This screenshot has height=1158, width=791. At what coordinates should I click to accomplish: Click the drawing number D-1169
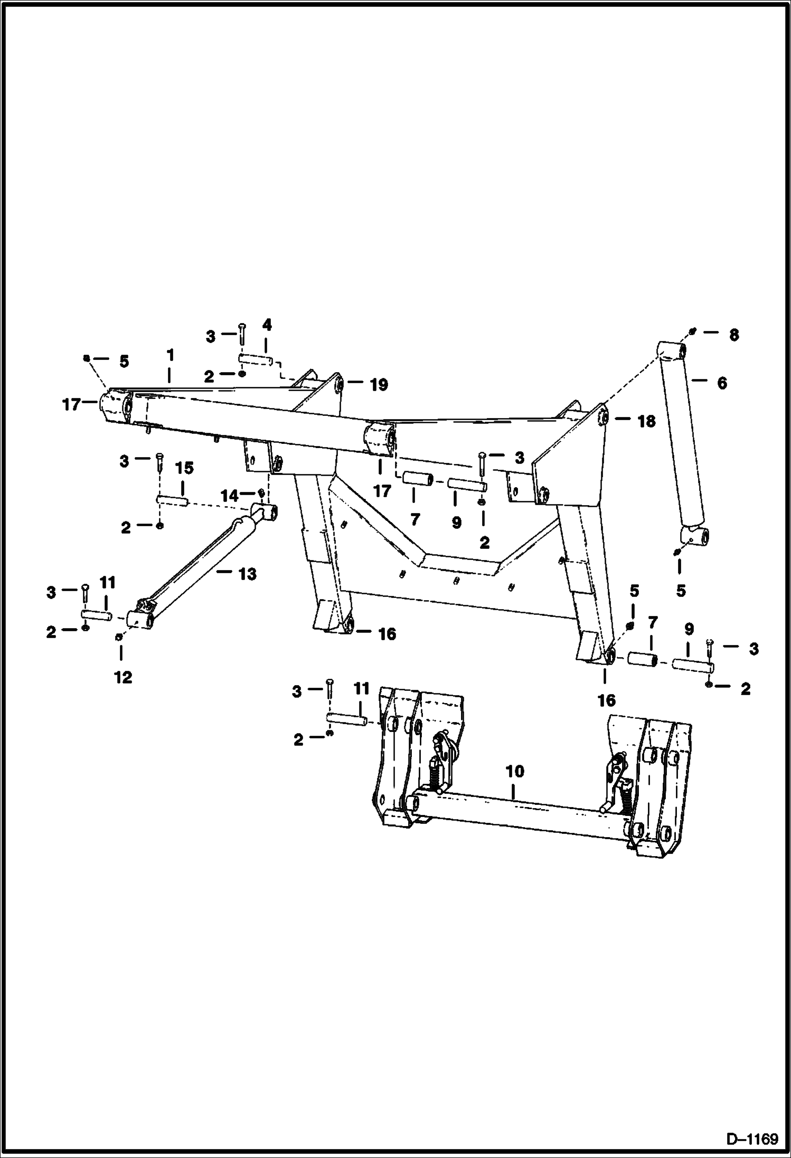pos(752,1138)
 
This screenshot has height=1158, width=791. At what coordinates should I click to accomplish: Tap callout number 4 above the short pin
pos(267,325)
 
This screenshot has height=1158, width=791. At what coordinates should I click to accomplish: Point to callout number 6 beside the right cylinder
pos(722,383)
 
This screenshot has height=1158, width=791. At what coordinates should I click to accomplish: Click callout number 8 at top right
pos(733,335)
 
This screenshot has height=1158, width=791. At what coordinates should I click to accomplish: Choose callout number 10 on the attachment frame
pos(515,772)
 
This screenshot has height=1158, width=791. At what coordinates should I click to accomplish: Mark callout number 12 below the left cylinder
pos(123,677)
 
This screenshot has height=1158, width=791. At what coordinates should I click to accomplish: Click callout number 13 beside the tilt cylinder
pos(247,574)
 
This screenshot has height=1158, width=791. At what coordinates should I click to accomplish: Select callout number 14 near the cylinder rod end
pos(230,495)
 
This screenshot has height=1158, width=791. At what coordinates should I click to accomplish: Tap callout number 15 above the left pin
pos(184,468)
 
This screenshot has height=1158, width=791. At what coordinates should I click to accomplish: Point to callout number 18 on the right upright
pos(646,421)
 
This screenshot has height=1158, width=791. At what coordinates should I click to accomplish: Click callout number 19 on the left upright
pos(379,385)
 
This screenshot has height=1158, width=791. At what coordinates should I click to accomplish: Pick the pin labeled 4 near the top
pos(256,360)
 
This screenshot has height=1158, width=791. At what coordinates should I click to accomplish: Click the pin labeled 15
pos(173,499)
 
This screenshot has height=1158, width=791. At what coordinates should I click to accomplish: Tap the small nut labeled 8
pos(693,331)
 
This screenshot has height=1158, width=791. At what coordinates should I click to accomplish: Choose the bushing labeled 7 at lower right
pos(642,660)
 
